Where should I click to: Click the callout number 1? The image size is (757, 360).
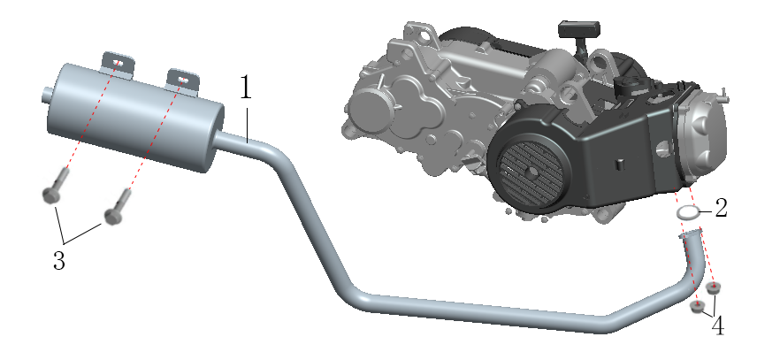pyautogui.click(x=246, y=87)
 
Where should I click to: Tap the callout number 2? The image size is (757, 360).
pyautogui.click(x=721, y=208)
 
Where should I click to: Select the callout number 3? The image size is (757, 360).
pyautogui.click(x=59, y=261)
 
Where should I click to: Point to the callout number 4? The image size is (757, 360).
pyautogui.click(x=718, y=326)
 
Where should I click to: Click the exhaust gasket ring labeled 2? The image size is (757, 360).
pyautogui.click(x=687, y=212)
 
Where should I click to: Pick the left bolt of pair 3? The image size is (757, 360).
pyautogui.click(x=54, y=187)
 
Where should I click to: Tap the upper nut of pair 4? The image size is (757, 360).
pyautogui.click(x=712, y=287)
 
